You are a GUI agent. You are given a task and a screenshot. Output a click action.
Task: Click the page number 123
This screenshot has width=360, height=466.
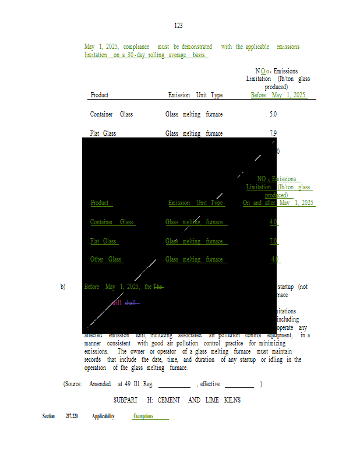click(x=178, y=26)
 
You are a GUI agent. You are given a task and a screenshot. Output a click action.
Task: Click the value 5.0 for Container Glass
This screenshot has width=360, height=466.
click(x=273, y=114)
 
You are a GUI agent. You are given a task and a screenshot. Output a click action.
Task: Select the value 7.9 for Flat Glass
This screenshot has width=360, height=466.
click(x=273, y=133)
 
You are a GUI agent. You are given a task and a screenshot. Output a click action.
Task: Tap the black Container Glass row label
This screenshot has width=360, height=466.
click(x=111, y=114)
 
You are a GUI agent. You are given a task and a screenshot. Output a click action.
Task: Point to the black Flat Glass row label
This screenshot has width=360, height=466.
click(x=103, y=133)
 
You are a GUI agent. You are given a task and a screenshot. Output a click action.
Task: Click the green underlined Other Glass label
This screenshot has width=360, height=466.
click(x=106, y=259)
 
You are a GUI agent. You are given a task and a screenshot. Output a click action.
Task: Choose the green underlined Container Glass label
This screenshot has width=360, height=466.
click(x=112, y=222)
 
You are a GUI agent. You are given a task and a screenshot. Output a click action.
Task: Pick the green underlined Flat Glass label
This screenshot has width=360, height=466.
click(x=103, y=241)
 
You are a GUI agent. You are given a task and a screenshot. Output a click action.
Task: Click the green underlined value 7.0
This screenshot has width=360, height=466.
click(x=273, y=241)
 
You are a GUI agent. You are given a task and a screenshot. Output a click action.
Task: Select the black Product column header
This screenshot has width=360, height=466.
click(x=100, y=95)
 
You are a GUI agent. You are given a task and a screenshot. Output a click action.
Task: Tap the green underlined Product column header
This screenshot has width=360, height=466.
click(x=100, y=203)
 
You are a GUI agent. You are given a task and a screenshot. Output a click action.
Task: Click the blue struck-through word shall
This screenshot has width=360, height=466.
click(x=131, y=303)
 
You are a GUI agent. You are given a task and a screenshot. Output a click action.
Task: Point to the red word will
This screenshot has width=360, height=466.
click(x=117, y=303)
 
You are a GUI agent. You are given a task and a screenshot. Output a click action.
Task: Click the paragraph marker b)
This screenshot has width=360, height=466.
click(x=63, y=287)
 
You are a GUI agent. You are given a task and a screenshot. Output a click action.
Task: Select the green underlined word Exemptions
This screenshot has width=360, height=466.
click(x=143, y=416)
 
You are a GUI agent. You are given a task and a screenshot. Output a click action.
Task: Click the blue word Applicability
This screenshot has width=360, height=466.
click(x=103, y=416)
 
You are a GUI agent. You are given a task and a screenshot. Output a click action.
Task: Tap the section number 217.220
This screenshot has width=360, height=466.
click(x=72, y=416)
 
